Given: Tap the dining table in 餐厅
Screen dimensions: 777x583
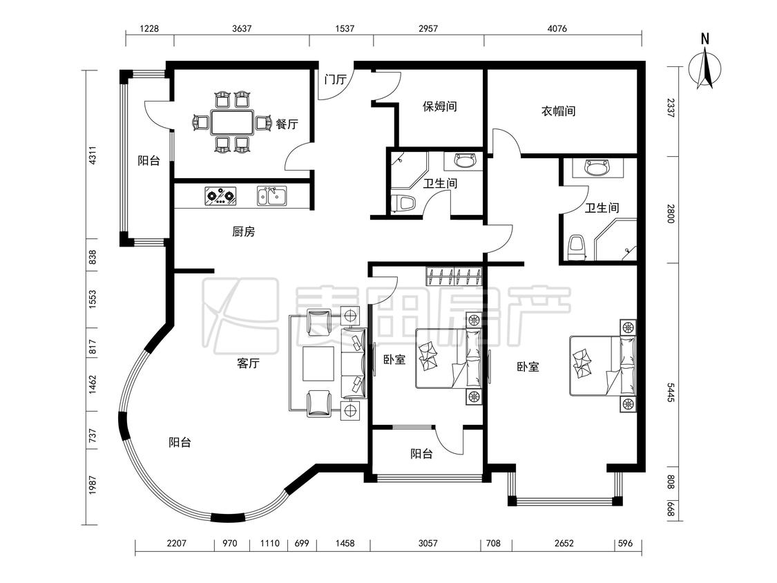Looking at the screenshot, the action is pyautogui.click(x=232, y=122).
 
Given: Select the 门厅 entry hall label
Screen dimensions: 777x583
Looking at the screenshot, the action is pyautogui.click(x=335, y=79).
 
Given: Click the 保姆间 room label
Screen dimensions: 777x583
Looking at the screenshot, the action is pyautogui.click(x=439, y=106).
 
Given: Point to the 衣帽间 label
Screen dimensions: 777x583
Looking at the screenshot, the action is pyautogui.click(x=559, y=111).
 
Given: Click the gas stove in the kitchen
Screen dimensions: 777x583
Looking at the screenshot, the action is pyautogui.click(x=220, y=195).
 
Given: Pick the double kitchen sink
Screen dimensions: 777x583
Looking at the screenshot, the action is pyautogui.click(x=271, y=195).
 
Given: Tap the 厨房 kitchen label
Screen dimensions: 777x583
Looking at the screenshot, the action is pyautogui.click(x=243, y=231).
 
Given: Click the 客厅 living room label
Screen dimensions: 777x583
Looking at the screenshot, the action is pyautogui.click(x=248, y=363).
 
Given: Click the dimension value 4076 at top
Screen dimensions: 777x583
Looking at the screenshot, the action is pyautogui.click(x=557, y=28).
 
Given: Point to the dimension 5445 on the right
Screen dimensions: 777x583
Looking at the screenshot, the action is pyautogui.click(x=671, y=392).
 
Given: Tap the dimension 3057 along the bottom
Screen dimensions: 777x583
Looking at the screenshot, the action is pyautogui.click(x=428, y=544).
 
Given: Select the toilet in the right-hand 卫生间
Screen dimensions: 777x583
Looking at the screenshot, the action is pyautogui.click(x=576, y=247).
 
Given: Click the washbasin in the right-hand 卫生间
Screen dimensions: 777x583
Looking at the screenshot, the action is pyautogui.click(x=597, y=167).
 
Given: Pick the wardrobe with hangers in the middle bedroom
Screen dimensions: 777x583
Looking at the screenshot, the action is pyautogui.click(x=454, y=276).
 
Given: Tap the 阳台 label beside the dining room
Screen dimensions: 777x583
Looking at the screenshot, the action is pyautogui.click(x=148, y=161).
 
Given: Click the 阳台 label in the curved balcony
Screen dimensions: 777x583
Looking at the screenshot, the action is pyautogui.click(x=180, y=442).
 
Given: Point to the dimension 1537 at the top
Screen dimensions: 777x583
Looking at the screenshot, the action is pyautogui.click(x=345, y=28).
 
